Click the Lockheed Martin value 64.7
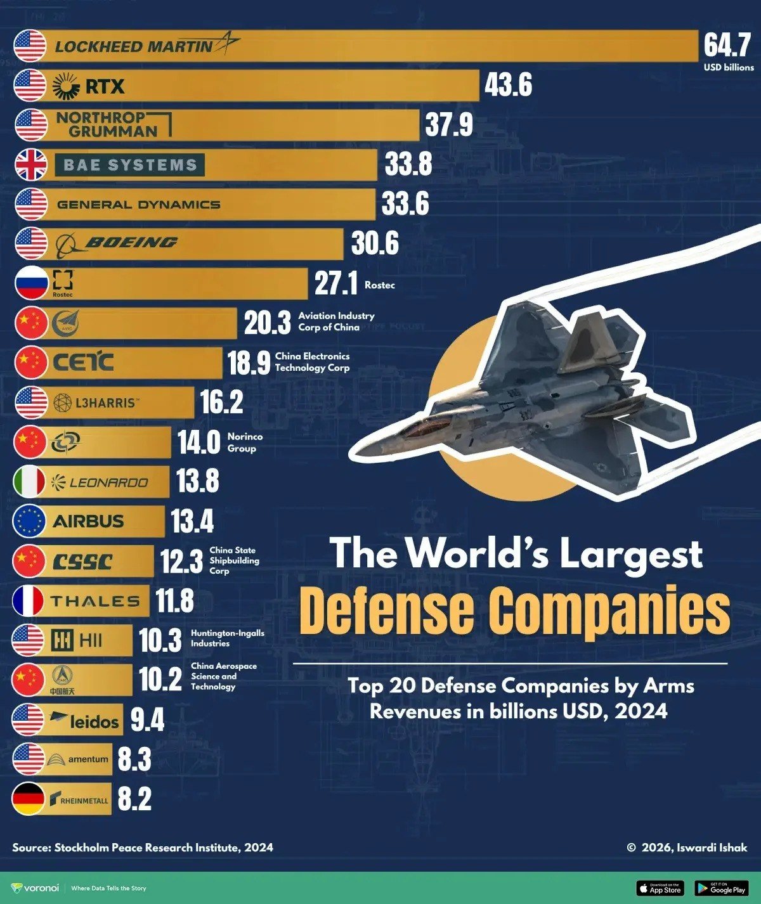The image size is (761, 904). point(727,46)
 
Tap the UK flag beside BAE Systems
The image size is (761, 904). point(30,165)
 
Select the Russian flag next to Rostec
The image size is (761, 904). point(30,283)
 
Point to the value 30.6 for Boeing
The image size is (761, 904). point(375,244)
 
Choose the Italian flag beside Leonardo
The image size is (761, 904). point(29,482)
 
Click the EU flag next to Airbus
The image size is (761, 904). point(29,521)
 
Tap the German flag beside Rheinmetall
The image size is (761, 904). point(29,799)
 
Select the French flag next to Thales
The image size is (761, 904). point(29,600)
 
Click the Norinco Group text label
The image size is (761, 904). point(244,442)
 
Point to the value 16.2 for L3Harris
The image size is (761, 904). point(221,403)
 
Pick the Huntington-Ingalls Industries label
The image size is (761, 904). point(227,638)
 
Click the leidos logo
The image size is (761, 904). point(85,720)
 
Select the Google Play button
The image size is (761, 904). point(720,888)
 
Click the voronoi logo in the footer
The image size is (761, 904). point(36,888)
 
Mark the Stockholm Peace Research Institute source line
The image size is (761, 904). point(143,848)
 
